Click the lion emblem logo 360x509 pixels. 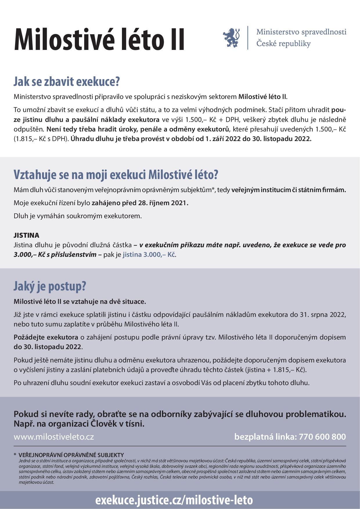coord(231,37)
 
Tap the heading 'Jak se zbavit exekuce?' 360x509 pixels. coord(67,82)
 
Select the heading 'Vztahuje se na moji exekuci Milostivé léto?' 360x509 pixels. coord(116,175)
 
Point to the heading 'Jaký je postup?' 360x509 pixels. coord(50,286)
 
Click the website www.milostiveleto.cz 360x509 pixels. coord(54,437)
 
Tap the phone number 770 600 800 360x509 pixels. coord(322,437)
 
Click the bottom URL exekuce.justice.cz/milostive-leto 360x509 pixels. coord(174,500)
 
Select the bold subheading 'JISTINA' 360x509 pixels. coord(26,235)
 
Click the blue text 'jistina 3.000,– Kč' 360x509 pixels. coord(149,255)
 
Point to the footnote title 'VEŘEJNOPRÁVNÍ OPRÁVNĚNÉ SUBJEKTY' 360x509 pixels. coord(71,455)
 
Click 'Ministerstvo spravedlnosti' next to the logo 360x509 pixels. coord(301,32)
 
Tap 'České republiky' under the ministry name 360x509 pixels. coord(283,44)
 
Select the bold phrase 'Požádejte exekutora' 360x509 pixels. coord(46,337)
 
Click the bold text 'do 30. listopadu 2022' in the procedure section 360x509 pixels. coord(48,347)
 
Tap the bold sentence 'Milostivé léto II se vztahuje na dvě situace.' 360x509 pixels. coord(80,302)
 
